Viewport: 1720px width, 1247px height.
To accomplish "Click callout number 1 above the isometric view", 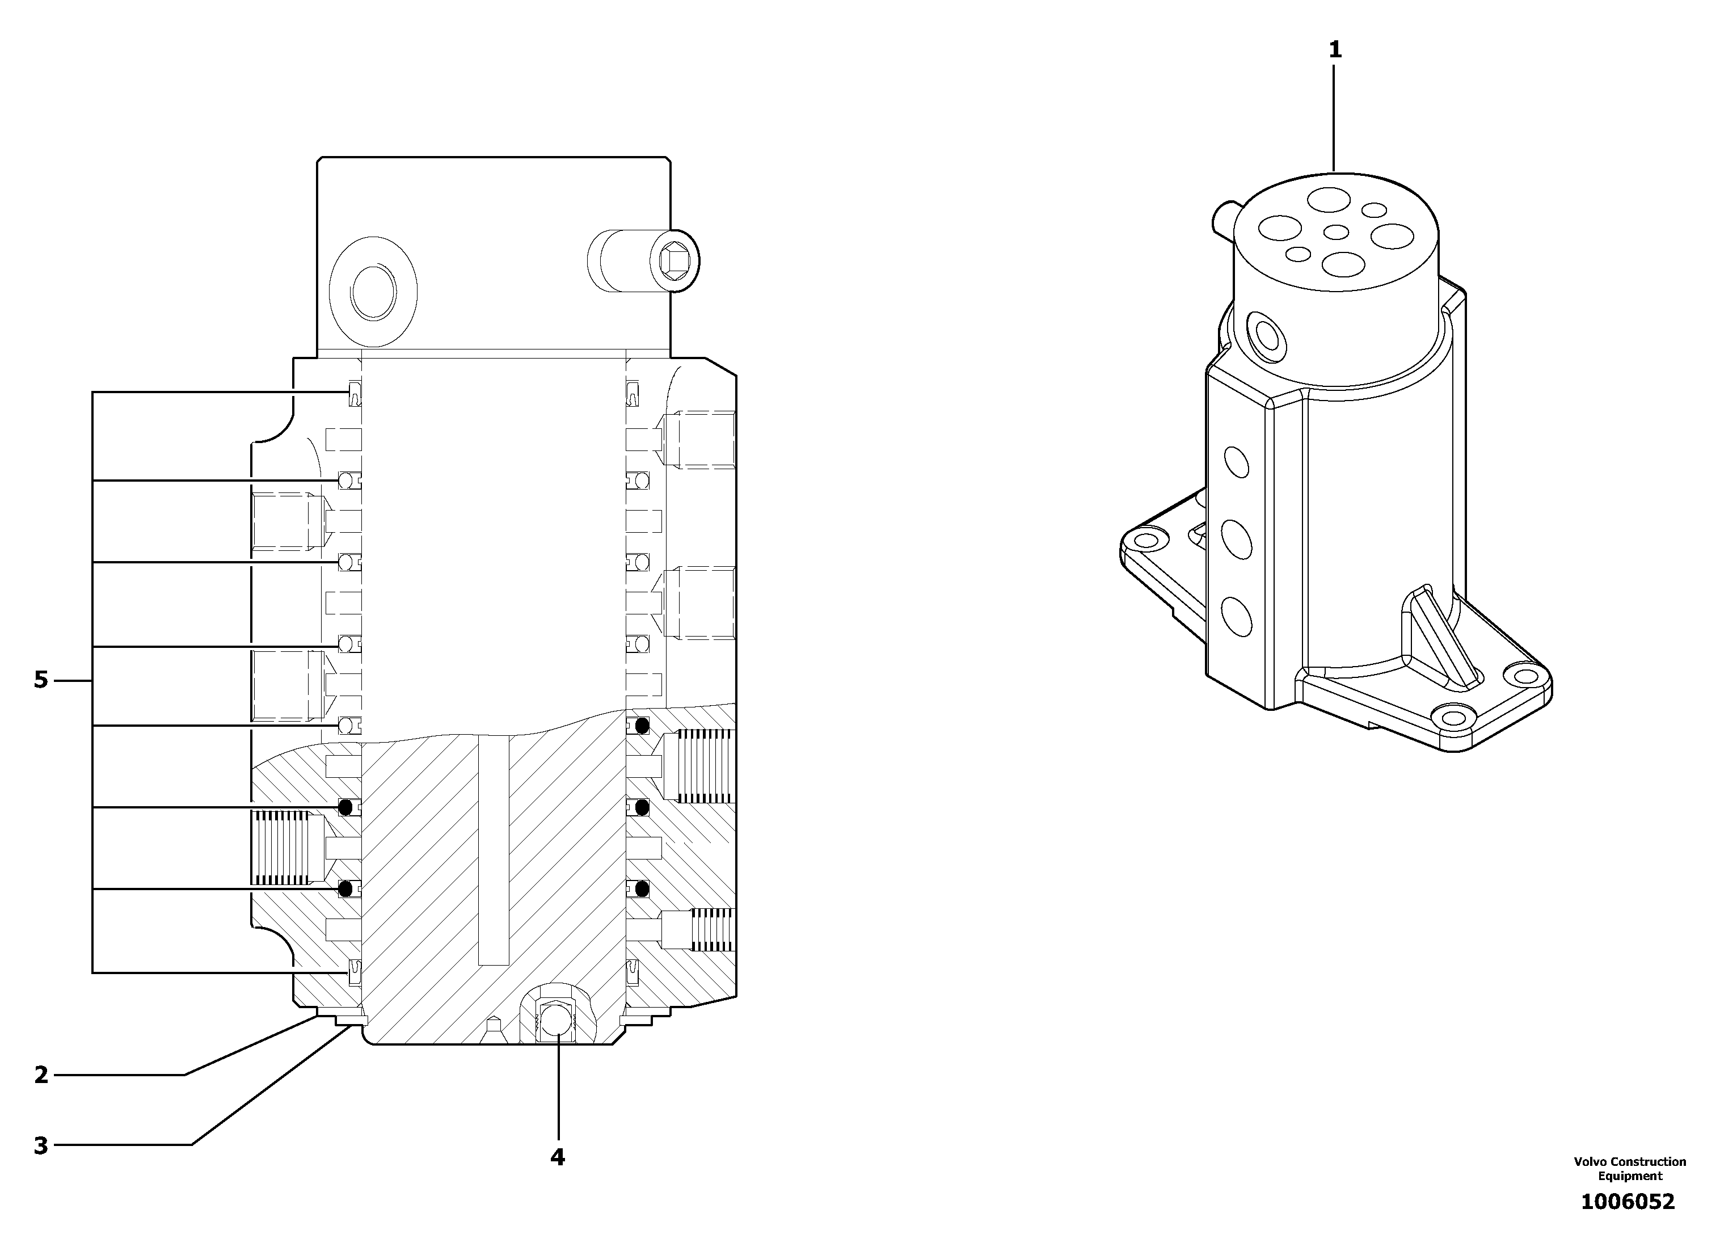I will pyautogui.click(x=1335, y=50).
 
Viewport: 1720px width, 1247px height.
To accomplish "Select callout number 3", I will pyautogui.click(x=41, y=1145).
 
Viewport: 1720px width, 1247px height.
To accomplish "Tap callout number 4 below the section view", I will pyautogui.click(x=558, y=1157).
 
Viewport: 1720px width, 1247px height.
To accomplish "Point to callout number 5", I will pyautogui.click(x=41, y=680).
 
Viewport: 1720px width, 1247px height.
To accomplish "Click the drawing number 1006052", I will pyautogui.click(x=1628, y=1202).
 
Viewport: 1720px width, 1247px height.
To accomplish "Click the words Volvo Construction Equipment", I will pyautogui.click(x=1630, y=1168).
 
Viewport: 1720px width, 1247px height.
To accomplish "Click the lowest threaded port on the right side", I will pyautogui.click(x=711, y=929).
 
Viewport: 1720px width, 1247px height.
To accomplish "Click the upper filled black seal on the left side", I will pyautogui.click(x=347, y=806).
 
